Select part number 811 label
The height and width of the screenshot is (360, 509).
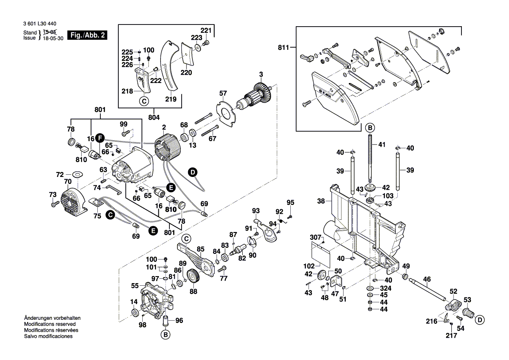(x=284, y=47)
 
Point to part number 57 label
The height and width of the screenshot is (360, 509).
(x=223, y=93)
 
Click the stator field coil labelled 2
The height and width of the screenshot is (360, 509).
(x=166, y=149)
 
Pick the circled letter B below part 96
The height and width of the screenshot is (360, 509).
(x=165, y=335)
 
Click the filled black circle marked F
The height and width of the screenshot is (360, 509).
(x=100, y=138)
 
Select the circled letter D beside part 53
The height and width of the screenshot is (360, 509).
(x=479, y=320)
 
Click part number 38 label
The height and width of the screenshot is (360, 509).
(x=321, y=201)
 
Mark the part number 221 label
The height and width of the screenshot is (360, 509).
(x=206, y=30)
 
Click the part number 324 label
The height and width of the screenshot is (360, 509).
(x=385, y=288)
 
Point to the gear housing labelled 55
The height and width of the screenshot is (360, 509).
(x=155, y=299)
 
